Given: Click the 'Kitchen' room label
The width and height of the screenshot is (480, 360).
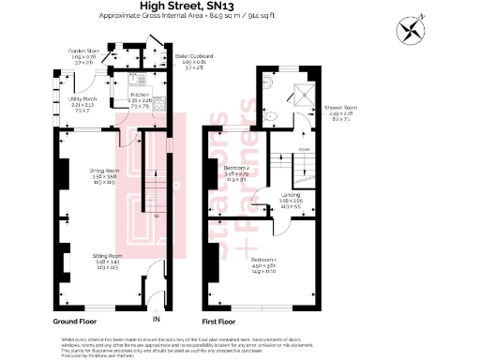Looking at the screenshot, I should point(140,96).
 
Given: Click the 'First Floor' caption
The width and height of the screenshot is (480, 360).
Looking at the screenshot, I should point(226,319).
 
